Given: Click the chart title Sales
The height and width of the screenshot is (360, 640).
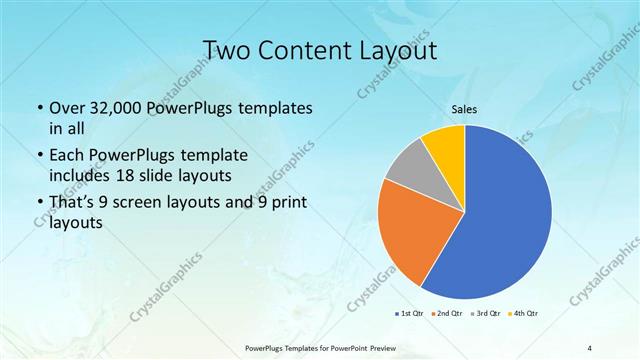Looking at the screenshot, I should (x=465, y=112).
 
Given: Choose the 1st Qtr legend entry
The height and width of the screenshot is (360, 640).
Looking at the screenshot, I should (x=409, y=314).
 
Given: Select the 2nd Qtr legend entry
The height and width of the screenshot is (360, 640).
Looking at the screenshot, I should (x=446, y=314).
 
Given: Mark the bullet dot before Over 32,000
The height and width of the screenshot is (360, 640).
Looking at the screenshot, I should (x=39, y=108).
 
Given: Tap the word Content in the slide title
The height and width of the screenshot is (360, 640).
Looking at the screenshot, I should (x=306, y=50).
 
